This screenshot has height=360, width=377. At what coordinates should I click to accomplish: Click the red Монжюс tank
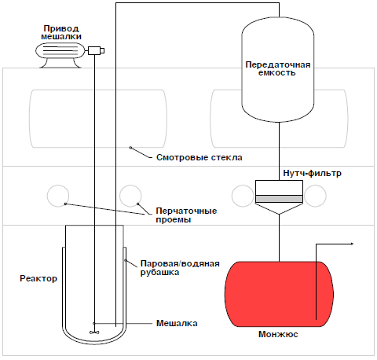[279, 294]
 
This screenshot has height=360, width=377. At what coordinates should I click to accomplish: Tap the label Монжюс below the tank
[278, 334]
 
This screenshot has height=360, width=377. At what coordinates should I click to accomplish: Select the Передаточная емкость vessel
[278, 70]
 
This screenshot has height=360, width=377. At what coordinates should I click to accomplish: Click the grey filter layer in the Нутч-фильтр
[279, 199]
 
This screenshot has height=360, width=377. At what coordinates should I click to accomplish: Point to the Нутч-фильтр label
[312, 174]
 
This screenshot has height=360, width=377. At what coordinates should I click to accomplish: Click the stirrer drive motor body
[60, 50]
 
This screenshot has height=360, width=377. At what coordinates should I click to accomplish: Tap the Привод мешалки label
[61, 32]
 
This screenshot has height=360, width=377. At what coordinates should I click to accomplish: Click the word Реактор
[38, 278]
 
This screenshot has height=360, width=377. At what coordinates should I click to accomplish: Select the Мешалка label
[177, 323]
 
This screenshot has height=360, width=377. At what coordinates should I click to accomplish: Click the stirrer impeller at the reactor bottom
[94, 332]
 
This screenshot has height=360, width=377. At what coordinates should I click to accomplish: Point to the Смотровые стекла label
[199, 157]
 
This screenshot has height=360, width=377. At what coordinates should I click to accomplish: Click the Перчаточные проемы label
[186, 215]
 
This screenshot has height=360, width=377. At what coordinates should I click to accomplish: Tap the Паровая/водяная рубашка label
[180, 268]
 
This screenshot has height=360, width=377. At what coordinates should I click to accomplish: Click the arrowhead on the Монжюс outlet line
[352, 244]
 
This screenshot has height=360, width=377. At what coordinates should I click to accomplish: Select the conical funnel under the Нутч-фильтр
[279, 208]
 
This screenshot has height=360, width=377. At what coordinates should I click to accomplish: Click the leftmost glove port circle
[58, 196]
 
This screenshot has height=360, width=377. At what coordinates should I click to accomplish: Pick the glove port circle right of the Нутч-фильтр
[316, 196]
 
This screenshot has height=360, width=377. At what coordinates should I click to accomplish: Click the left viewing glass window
[98, 119]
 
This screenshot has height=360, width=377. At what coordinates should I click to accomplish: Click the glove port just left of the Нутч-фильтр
[243, 196]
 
